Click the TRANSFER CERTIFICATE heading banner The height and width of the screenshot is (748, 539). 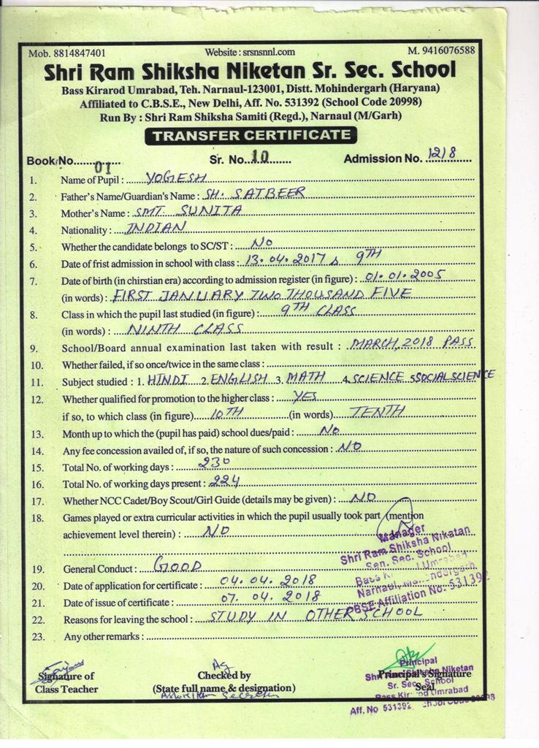tap(251, 135)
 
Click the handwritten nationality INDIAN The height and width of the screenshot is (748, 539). tap(146, 228)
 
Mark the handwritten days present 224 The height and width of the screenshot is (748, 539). tap(225, 481)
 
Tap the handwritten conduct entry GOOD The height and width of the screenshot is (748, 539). tap(173, 565)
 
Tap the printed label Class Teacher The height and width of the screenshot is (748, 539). tap(66, 688)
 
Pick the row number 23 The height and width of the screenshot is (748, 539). tap(37, 636)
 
